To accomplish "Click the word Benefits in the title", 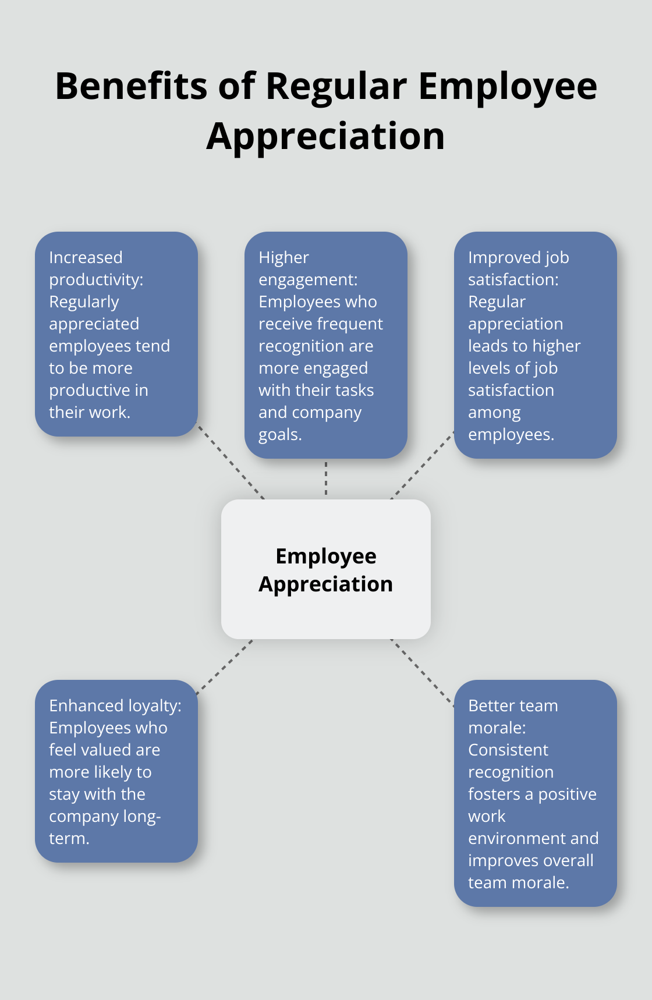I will (131, 86).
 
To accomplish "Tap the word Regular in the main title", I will (336, 86).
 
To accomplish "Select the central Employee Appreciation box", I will (325, 569).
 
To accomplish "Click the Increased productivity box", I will (116, 334).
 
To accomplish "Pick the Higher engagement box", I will (325, 345).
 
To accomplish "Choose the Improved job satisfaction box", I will (535, 345).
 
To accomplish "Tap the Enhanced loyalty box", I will (116, 771).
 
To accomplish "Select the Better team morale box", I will (535, 793).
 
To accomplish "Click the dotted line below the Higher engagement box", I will (326, 478).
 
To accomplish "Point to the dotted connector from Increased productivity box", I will (231, 462).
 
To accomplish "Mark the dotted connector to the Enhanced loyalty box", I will (225, 667).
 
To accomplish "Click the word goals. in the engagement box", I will (280, 435).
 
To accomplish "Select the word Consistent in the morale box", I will (508, 750).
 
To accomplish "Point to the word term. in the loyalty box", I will (69, 839).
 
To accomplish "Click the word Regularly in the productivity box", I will (84, 302).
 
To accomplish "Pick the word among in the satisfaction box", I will (494, 413).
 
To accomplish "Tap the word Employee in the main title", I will (508, 86).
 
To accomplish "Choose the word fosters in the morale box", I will (494, 794).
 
